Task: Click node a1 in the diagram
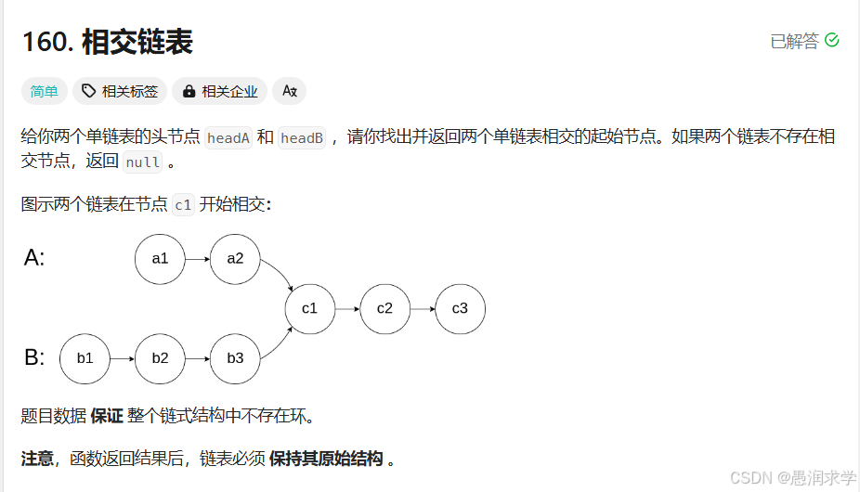[160, 259]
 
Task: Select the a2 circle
[235, 259]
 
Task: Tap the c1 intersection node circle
[309, 308]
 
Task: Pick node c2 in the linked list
[384, 308]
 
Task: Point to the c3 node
[460, 308]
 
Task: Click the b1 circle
[85, 358]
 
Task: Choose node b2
[160, 358]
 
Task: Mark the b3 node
[235, 358]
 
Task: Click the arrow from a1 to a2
[197, 259]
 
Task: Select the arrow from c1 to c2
[346, 308]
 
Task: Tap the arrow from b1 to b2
[122, 358]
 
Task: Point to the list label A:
[34, 258]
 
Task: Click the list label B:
[34, 357]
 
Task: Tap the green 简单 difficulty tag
[44, 91]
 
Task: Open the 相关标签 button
[120, 91]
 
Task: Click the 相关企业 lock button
[220, 91]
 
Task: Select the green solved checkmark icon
[832, 40]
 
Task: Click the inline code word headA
[228, 138]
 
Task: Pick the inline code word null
[143, 162]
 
